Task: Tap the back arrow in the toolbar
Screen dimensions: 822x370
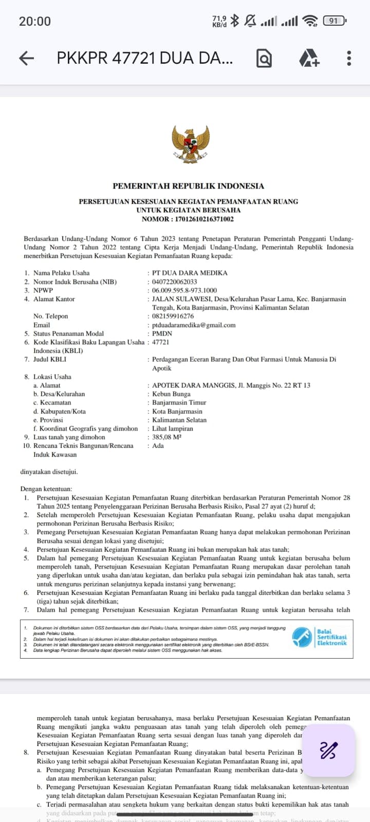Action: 27,58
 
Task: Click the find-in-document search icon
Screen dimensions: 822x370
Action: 264,59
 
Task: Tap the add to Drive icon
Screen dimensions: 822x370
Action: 309,58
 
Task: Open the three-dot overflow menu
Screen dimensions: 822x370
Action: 349,58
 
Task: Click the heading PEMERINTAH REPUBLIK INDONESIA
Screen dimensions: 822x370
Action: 188,186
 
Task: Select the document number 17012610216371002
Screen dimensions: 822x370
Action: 205,219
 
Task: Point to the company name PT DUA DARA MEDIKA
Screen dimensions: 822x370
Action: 190,273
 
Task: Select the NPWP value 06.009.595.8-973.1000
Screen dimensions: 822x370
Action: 184,290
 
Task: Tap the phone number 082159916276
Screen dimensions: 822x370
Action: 173,316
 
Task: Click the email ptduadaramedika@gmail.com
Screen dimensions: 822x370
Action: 194,325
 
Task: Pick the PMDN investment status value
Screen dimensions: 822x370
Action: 162,333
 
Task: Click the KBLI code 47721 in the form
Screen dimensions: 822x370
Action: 160,342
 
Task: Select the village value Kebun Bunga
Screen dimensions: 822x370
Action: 171,394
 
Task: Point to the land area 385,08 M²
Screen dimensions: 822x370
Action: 167,437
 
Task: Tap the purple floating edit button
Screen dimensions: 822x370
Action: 328,751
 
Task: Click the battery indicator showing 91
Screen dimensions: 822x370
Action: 334,21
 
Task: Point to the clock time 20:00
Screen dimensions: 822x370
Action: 35,21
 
